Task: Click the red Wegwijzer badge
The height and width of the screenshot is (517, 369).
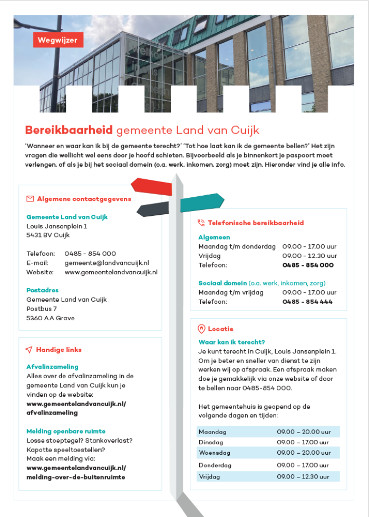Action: [58, 40]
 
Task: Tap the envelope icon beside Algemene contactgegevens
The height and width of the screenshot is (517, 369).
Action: [30, 199]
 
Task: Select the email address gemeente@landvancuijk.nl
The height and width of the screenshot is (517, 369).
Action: [107, 263]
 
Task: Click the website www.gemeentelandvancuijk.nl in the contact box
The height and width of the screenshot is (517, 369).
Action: [111, 272]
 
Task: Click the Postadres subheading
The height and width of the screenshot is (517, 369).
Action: [42, 290]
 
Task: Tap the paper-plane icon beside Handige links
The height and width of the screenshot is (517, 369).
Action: [29, 350]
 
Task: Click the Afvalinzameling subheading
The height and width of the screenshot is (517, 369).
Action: [52, 367]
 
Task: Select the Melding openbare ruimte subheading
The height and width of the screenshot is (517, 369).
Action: [66, 431]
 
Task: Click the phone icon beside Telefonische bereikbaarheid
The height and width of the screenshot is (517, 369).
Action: [201, 223]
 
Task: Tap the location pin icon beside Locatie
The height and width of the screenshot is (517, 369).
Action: [201, 329]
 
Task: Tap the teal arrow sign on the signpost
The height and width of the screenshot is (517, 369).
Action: [202, 202]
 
